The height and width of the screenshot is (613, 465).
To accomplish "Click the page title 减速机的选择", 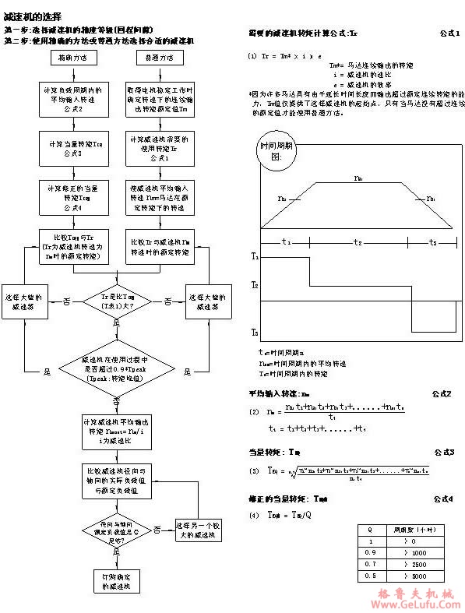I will point(30,16).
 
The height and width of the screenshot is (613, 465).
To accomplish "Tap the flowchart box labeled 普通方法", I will point(153,58).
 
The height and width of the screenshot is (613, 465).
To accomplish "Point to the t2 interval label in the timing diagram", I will point(358,242).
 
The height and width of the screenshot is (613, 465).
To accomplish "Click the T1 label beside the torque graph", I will point(255,255).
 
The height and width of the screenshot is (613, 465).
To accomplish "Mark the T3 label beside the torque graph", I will point(255,333).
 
